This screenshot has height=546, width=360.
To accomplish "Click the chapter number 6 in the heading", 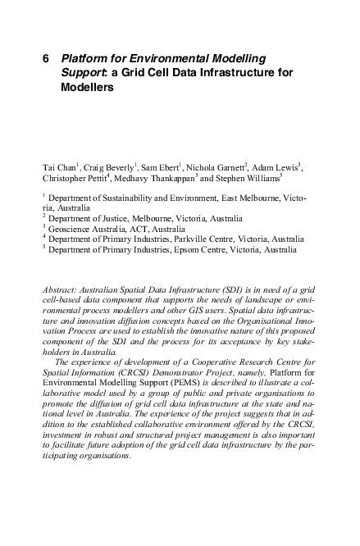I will pos(45,59).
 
